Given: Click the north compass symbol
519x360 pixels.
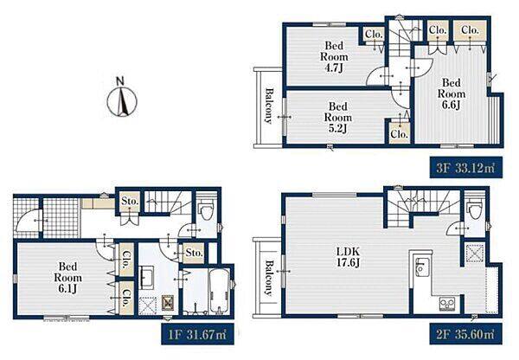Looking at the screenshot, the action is pos(122,98).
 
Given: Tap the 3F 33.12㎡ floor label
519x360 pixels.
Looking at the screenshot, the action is pos(466,168).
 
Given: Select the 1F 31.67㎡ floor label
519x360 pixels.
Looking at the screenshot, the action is pos(197,334).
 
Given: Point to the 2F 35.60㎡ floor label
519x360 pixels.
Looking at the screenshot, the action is pos(466,334).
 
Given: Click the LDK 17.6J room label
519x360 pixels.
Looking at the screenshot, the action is pos(348,257).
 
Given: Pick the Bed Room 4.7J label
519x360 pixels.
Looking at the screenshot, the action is pos(334,56).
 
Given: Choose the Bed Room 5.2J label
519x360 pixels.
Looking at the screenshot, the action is pos(338,117).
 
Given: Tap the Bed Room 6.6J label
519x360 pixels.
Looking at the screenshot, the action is pos(452,93).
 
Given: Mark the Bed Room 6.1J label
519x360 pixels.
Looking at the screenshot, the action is pos(67,278).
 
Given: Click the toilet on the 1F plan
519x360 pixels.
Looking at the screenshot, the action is pos(207,211).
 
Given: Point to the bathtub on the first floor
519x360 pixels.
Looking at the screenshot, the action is pos(219,292).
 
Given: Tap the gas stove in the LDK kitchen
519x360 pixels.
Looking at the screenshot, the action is pos(447,304).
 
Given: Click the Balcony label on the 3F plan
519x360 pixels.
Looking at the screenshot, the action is pos(269,106).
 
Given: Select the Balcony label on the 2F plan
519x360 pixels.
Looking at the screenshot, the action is pos(268,278).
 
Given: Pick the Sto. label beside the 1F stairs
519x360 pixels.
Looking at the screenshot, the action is pos(130,202).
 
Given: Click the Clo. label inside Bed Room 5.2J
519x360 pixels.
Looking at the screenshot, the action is pos(399,134).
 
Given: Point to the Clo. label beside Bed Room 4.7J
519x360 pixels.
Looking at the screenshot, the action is pos(374,34).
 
